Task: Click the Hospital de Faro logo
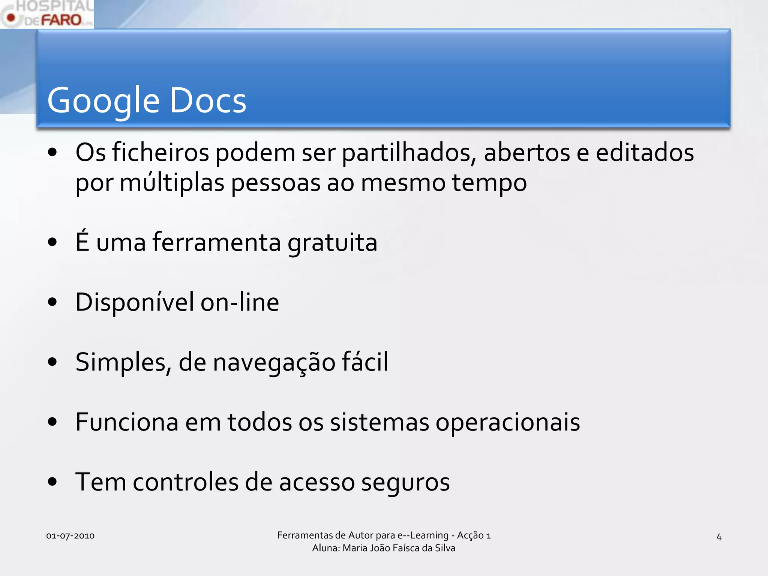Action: [x=47, y=14]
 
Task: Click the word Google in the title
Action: [x=103, y=100]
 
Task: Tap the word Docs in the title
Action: [x=208, y=100]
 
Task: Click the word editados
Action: [x=645, y=153]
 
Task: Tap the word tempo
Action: [x=489, y=183]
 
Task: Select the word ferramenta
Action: [x=216, y=243]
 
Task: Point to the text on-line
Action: [x=240, y=303]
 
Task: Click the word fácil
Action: [x=365, y=362]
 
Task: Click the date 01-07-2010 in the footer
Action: [x=70, y=536]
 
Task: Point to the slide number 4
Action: [x=719, y=537]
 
